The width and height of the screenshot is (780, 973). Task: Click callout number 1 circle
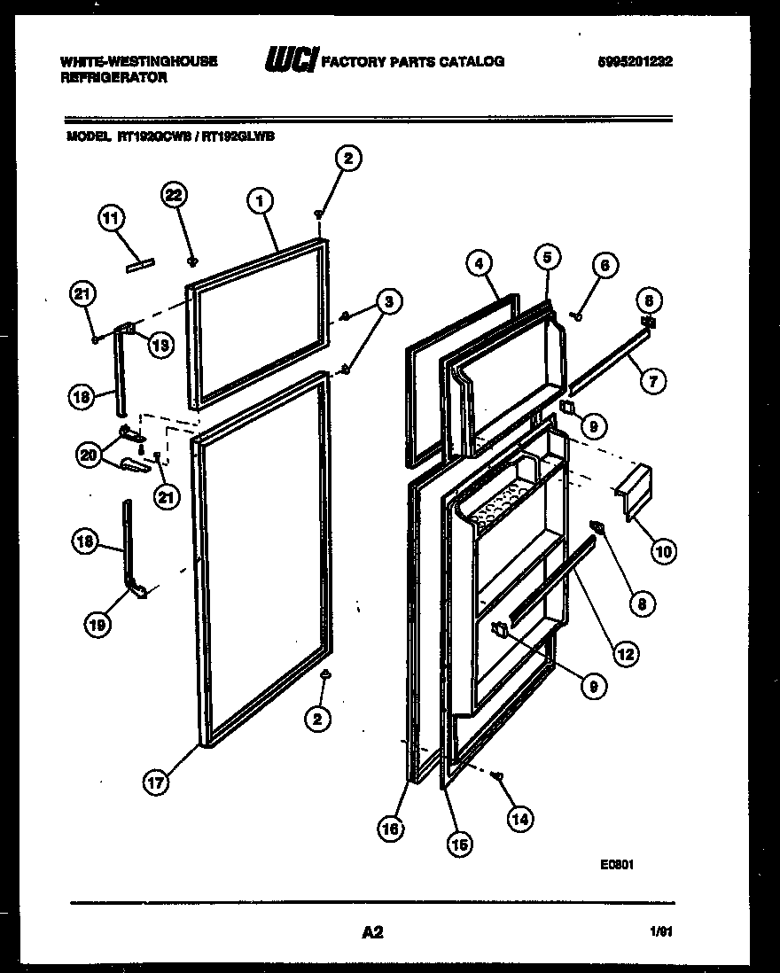click(259, 201)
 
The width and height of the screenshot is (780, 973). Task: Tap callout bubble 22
click(175, 196)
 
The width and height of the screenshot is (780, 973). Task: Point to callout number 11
click(113, 219)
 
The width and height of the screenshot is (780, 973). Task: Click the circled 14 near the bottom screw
click(522, 820)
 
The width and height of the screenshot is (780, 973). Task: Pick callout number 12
click(626, 656)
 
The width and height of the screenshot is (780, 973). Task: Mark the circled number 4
click(478, 263)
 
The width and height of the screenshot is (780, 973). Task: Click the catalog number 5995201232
click(635, 62)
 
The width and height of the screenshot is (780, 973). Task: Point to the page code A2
click(371, 932)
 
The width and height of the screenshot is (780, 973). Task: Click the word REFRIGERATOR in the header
click(113, 78)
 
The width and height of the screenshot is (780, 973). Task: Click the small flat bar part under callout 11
click(140, 263)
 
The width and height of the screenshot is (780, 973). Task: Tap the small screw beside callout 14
click(498, 776)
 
